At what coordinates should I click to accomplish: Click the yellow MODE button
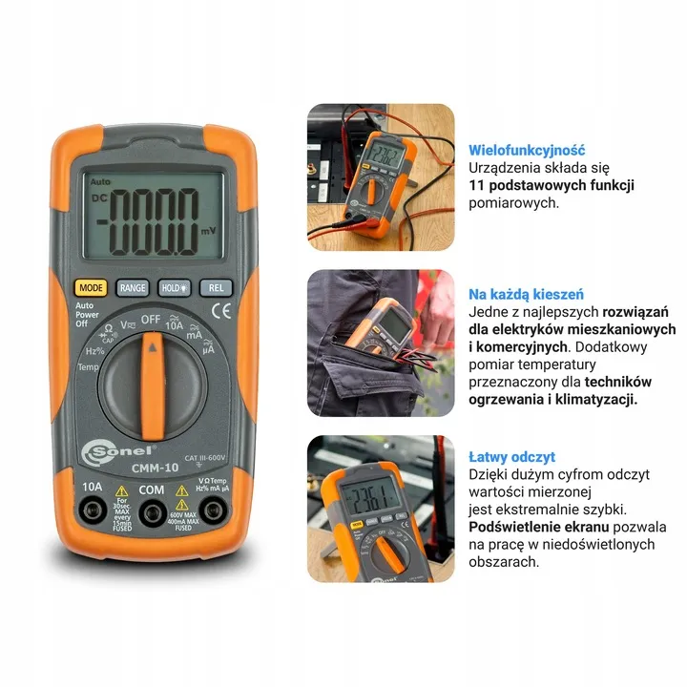[x=91, y=286]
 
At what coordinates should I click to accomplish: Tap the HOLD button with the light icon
[x=175, y=286]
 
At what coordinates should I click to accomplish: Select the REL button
[x=216, y=286]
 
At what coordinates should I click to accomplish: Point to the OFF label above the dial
[x=151, y=318]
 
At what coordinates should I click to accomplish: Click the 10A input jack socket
[x=93, y=512]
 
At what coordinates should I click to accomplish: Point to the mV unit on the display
[x=208, y=231]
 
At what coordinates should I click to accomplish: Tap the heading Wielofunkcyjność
[x=527, y=150]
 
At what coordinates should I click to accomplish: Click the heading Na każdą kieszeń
[x=526, y=294]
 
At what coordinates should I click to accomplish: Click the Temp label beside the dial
[x=88, y=366]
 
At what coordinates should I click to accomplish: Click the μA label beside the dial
[x=207, y=350]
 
